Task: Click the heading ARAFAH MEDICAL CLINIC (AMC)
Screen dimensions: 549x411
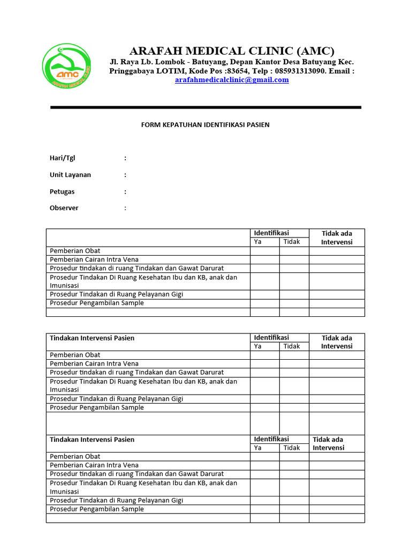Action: point(232,51)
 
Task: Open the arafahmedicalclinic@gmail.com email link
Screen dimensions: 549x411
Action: point(232,80)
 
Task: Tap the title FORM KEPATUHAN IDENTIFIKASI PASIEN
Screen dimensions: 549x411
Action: point(205,125)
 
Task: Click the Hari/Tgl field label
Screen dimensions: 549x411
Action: point(63,158)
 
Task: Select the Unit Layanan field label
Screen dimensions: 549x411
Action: point(70,175)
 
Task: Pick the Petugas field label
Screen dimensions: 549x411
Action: point(62,191)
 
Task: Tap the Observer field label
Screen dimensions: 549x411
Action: point(64,208)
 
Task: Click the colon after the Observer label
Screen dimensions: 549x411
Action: point(125,208)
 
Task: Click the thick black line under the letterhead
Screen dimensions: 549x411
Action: point(205,107)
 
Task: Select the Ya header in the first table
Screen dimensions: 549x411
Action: point(257,242)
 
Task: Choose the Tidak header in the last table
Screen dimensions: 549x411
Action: point(292,448)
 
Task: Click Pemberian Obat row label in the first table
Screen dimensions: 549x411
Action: point(75,251)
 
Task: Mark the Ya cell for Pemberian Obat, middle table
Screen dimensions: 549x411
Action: point(264,355)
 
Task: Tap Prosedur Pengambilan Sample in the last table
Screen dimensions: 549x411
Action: point(97,509)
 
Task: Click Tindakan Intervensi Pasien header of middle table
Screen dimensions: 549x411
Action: point(92,338)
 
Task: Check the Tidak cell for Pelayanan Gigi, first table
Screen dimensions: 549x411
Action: point(294,294)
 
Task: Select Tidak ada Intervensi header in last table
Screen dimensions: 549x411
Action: point(329,443)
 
